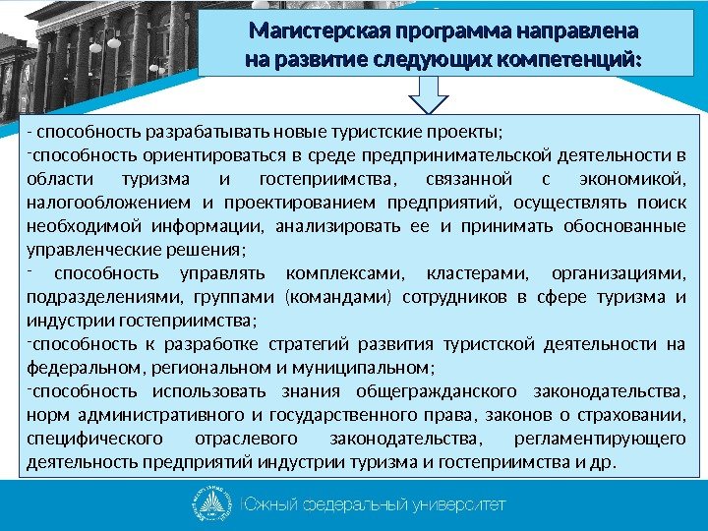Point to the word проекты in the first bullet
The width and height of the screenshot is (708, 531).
[x=469, y=134]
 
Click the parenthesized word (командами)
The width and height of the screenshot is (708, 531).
[x=335, y=297]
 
